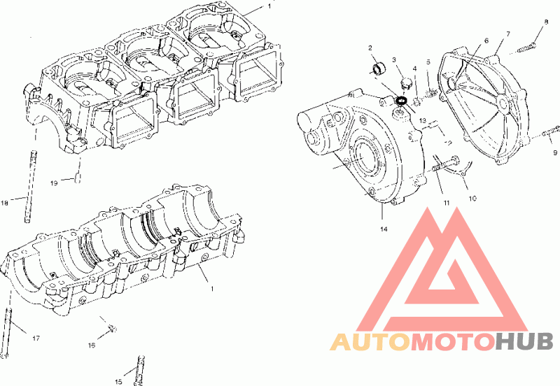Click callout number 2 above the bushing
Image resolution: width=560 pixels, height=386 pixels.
click(370, 48)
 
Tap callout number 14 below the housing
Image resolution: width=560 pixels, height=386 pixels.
click(384, 229)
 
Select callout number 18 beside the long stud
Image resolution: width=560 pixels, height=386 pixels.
click(4, 203)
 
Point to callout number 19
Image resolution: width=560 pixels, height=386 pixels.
click(54, 183)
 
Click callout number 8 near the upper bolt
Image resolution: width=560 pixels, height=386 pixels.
click(546, 22)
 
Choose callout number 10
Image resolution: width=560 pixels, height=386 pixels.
click(472, 199)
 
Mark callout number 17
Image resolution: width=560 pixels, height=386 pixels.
click(36, 338)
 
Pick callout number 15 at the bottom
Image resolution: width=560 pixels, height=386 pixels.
click(118, 382)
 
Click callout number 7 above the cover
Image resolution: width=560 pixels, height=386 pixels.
click(508, 34)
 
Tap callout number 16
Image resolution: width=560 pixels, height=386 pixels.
click(92, 345)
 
